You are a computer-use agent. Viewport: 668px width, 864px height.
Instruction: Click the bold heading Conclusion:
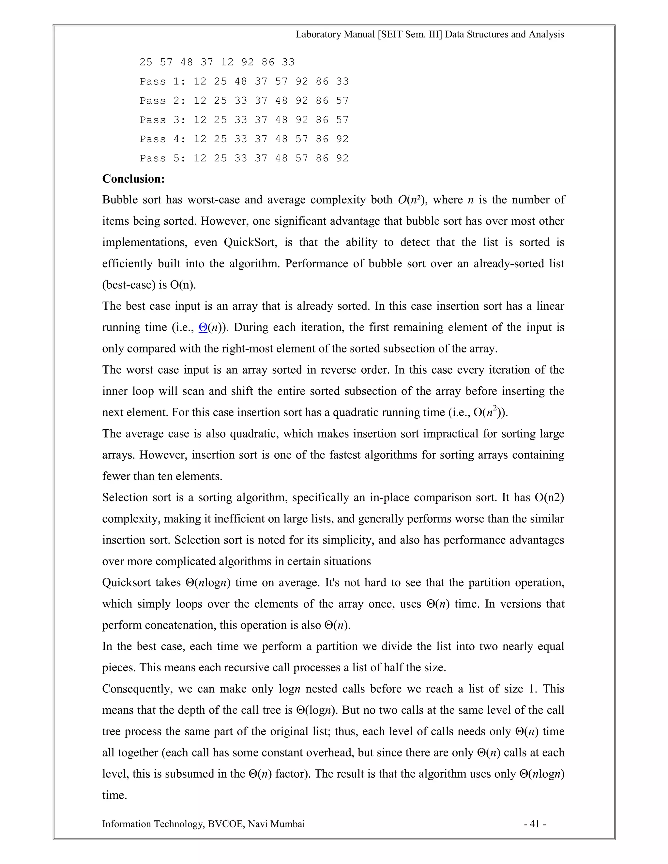click(x=133, y=179)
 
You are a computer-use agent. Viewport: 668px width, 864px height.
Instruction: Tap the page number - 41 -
click(x=535, y=824)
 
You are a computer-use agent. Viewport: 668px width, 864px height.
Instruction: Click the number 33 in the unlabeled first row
click(x=288, y=62)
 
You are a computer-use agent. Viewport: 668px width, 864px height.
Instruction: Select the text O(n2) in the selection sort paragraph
click(x=549, y=497)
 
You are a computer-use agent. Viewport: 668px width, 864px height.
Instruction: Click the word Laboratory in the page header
click(x=318, y=35)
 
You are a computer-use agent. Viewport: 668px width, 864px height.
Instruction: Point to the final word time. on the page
click(x=114, y=795)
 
